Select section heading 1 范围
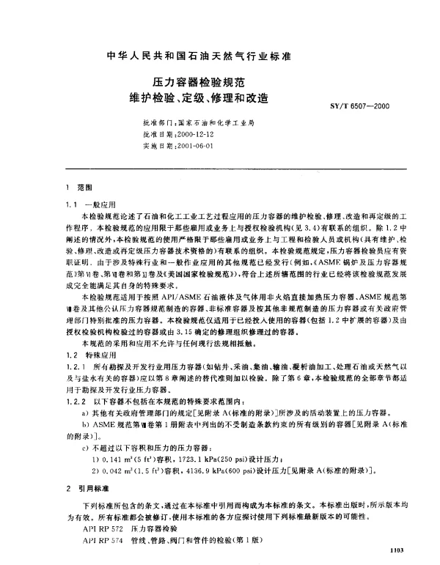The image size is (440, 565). [x=76, y=188]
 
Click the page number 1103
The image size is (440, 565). [x=397, y=547]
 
